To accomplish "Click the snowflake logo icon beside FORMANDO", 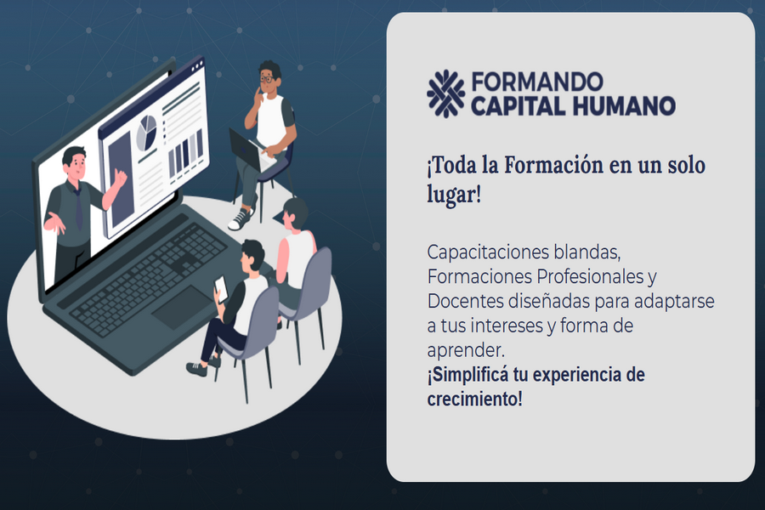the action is (x=445, y=93).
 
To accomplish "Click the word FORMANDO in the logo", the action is (x=537, y=82).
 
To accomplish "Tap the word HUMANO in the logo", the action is (x=625, y=106).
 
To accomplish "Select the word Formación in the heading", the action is (x=553, y=165).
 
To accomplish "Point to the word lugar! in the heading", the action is (x=454, y=195).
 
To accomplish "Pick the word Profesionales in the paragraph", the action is (x=590, y=276).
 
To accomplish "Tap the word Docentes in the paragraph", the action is (x=465, y=301).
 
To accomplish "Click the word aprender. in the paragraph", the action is (x=466, y=351).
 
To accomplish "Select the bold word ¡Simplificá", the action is (x=467, y=375).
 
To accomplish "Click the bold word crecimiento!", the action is (x=474, y=399).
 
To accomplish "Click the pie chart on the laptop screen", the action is (x=146, y=132).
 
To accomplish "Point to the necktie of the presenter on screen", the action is (x=78, y=208).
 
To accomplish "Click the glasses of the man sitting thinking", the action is (x=267, y=78).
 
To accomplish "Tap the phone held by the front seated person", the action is (x=221, y=289).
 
